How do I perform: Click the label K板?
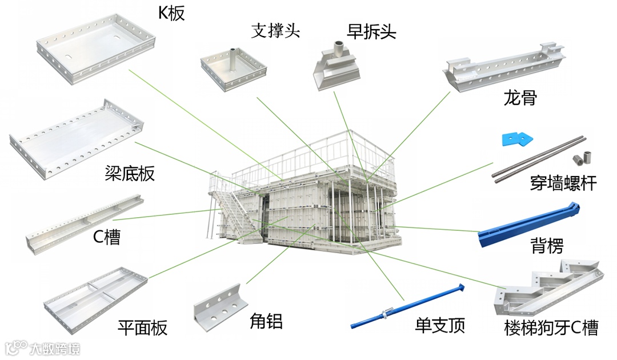pos(171,12)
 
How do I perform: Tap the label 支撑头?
pos(275,31)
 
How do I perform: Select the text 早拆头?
pos(371,31)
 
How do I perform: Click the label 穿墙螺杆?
pos(563,183)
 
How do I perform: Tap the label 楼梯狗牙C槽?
pos(551,328)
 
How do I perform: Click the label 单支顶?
pos(439,325)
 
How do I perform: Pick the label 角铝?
pos(266,321)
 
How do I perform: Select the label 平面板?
pos(142,328)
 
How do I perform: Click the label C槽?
pos(107,237)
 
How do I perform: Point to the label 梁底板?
pos(130,173)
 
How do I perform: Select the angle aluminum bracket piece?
pos(220,303)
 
